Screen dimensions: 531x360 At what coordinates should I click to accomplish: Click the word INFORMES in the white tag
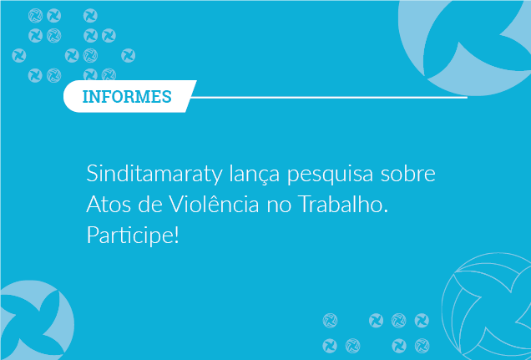click(127, 97)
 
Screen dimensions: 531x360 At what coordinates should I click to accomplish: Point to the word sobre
click(407, 174)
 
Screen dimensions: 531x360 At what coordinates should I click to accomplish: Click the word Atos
click(109, 205)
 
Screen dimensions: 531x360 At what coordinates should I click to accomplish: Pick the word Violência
click(214, 204)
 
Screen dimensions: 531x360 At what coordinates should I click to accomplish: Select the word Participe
click(130, 236)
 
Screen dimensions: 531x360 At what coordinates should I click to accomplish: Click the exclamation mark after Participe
click(176, 235)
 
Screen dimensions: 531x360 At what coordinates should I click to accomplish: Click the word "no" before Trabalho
click(279, 206)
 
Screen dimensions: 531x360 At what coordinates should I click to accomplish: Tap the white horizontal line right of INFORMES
click(329, 98)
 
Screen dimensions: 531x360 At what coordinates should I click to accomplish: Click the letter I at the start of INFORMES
click(85, 97)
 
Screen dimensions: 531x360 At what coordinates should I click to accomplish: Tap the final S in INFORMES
click(167, 97)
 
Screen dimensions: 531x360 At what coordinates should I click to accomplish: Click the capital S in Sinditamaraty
click(92, 174)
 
